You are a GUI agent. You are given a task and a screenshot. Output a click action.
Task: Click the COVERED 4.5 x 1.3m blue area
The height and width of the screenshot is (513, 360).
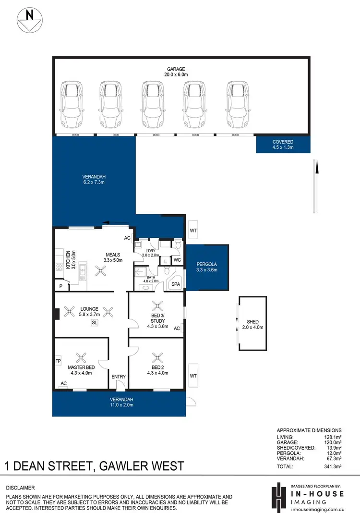pyautogui.click(x=283, y=145)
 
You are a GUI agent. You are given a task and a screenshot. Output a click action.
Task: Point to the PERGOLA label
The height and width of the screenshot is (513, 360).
pyautogui.click(x=207, y=264)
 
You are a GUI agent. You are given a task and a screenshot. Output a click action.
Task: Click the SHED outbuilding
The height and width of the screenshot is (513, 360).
pyautogui.click(x=252, y=324)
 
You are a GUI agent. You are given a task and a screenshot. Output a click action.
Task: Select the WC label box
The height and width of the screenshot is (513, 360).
pyautogui.click(x=177, y=260)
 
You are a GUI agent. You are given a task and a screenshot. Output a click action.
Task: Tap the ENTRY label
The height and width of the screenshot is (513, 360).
pyautogui.click(x=118, y=377)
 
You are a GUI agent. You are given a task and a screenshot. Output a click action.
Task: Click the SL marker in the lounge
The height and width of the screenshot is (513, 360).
pyautogui.click(x=94, y=323)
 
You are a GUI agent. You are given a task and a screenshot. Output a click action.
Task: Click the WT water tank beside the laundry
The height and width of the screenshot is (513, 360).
pyautogui.click(x=193, y=230)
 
